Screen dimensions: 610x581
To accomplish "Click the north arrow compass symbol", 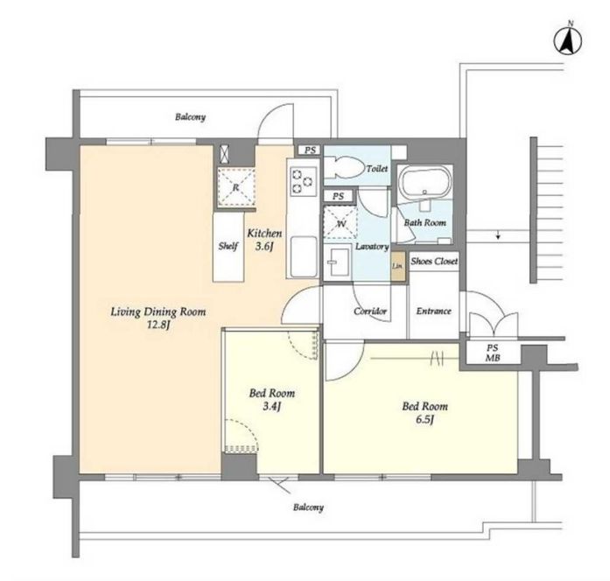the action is [568, 40].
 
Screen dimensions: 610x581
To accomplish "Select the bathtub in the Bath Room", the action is [425, 185].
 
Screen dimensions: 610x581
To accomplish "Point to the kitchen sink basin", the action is [304, 256].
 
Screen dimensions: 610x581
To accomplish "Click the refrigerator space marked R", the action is [235, 187].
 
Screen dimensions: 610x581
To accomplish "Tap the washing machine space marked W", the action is [340, 223].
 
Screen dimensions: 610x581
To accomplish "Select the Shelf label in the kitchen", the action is [228, 246].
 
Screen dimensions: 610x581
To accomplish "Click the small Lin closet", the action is [397, 266].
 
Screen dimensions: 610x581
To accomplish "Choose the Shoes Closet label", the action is [434, 261].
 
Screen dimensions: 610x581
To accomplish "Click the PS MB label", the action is [493, 353].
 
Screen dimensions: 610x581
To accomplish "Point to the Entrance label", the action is [434, 311].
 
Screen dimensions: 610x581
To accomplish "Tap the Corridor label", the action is [370, 311].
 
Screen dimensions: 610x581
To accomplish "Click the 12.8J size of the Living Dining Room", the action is [158, 325].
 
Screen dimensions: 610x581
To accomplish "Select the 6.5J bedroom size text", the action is [424, 420].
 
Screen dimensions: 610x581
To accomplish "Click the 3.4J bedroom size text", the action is [272, 407].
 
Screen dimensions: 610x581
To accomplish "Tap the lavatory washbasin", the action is [337, 262].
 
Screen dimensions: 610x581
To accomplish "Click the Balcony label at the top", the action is [190, 117].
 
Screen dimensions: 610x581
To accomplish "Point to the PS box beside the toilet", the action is [310, 150].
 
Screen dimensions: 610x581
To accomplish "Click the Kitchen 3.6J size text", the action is [264, 247].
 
